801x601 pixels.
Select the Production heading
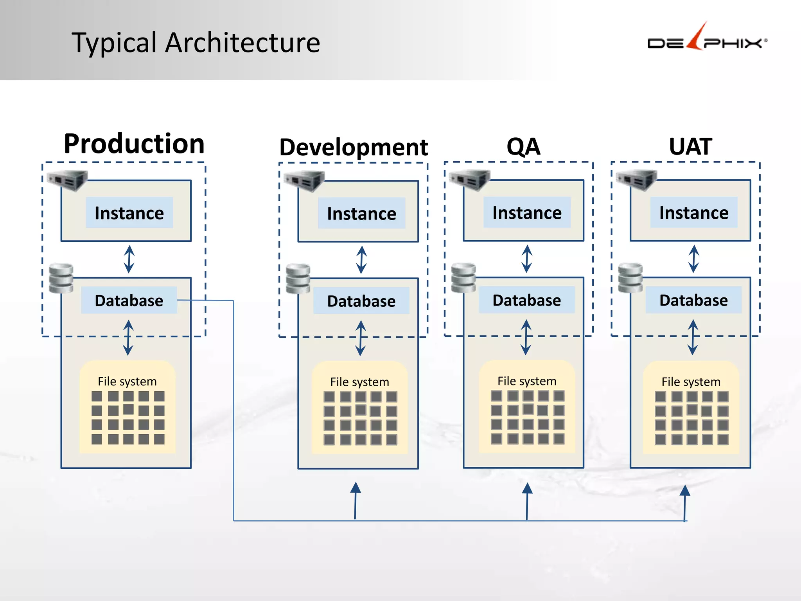coord(134,144)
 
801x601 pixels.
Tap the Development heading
coord(354,147)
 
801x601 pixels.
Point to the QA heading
coord(523,146)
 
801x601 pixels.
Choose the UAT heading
coord(690,146)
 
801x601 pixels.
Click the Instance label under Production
coord(129,213)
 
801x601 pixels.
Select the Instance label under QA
coord(527,213)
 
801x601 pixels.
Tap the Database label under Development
coord(361,301)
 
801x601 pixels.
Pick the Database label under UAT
coord(693,300)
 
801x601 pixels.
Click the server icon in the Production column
coord(67,180)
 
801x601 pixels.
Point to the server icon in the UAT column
coord(636,180)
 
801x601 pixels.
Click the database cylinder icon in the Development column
coord(298,279)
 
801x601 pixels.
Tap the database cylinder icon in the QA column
coord(463,278)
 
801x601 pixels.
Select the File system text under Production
coord(127,381)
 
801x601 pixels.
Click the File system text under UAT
coord(691,381)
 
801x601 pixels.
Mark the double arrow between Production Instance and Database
coord(129,259)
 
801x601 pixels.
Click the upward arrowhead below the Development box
coord(356,488)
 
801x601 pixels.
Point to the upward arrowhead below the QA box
coord(527,489)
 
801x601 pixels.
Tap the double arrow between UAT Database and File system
coord(693,337)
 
